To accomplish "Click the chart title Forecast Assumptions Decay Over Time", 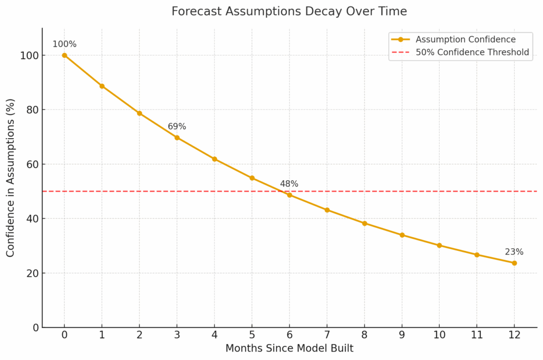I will tap(289, 11).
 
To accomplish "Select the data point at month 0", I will tap(64, 55).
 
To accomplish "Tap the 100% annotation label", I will tap(64, 44).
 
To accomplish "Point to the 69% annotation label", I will tap(177, 127).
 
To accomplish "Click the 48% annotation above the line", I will tap(289, 184).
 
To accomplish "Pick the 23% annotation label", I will tap(514, 252).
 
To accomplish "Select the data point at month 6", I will tap(289, 195).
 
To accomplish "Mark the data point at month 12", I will tap(514, 263).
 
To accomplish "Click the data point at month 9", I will tap(402, 235).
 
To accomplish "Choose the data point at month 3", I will tap(177, 138).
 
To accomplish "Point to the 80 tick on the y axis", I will tap(33, 110).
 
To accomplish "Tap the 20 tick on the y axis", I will tap(33, 273).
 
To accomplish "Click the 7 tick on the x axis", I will tap(327, 335).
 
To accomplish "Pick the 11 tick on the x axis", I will tap(477, 335).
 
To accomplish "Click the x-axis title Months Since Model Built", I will tap(289, 348).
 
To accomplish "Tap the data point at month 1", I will tap(102, 86).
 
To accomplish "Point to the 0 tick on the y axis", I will tap(35, 327).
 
